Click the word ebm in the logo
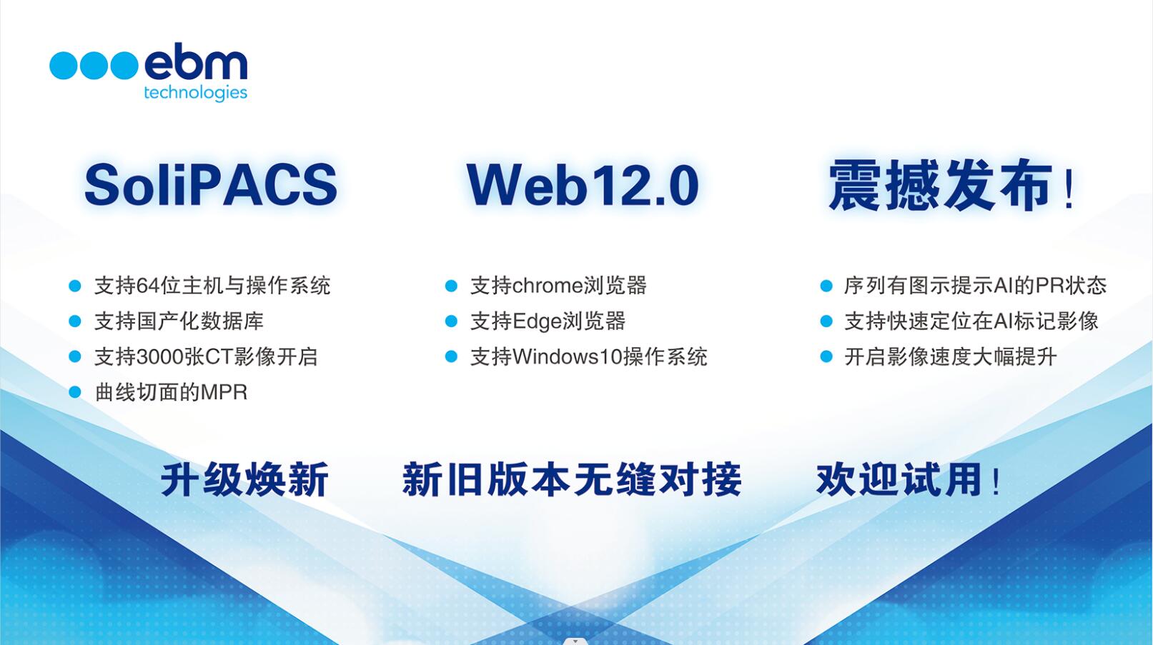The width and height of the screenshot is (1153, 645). click(x=196, y=64)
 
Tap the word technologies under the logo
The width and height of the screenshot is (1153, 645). click(x=196, y=93)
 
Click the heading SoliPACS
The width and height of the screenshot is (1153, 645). click(x=211, y=185)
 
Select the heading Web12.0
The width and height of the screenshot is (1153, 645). click(x=583, y=185)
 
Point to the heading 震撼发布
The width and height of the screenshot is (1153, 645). click(x=940, y=185)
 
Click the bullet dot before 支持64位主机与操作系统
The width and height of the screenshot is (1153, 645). click(x=75, y=286)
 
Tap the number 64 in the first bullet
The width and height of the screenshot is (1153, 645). click(x=148, y=286)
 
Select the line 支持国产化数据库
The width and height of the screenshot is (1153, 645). click(x=179, y=321)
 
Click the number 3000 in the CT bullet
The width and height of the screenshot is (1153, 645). click(x=160, y=357)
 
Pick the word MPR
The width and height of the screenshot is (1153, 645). click(x=224, y=392)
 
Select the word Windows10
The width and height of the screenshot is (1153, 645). click(x=568, y=357)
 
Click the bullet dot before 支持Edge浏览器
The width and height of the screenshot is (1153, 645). click(x=452, y=321)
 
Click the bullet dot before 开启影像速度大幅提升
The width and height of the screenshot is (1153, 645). click(x=826, y=357)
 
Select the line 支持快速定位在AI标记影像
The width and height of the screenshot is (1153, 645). click(x=971, y=321)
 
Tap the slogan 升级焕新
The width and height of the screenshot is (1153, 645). click(x=245, y=479)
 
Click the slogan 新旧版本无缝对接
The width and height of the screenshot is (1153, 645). click(x=571, y=479)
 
